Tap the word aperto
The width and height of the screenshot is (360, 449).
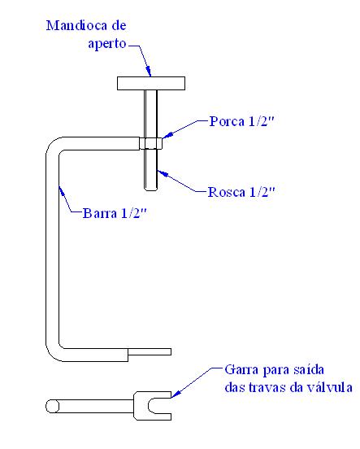[x=107, y=44]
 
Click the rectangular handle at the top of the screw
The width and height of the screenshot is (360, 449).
[x=151, y=83]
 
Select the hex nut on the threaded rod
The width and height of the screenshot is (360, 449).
[x=151, y=143]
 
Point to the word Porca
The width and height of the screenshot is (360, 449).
[x=227, y=121]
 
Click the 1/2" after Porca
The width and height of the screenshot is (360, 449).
[x=262, y=121]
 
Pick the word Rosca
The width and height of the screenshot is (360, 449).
[x=227, y=192]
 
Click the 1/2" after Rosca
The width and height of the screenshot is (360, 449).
[x=262, y=192]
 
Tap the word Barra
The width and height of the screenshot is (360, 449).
[x=100, y=213]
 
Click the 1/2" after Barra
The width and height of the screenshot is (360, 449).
[x=133, y=213]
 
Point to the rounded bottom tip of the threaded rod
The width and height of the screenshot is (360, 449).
[x=150, y=188]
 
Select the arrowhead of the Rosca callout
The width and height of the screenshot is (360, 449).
[x=162, y=173]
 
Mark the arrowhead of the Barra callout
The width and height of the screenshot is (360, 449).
[x=61, y=190]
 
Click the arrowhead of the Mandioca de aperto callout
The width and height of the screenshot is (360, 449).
[x=148, y=72]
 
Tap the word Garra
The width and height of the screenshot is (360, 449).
[x=241, y=369]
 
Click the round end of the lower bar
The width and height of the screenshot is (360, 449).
[x=53, y=406]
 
